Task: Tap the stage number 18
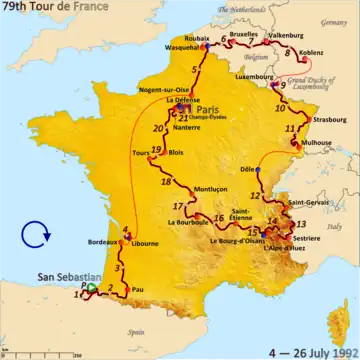coord(167,182)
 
